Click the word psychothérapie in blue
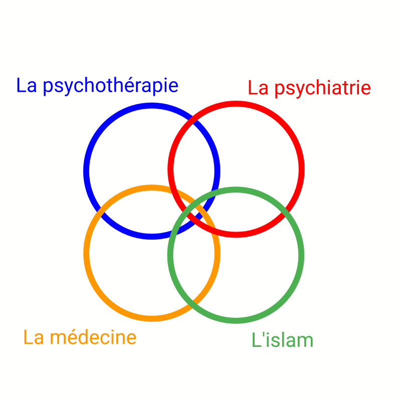111,86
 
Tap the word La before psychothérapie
27,86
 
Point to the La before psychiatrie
258,88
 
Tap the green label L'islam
282,340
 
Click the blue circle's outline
86,171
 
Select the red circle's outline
302,169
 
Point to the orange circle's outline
86,253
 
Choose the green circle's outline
302,255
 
